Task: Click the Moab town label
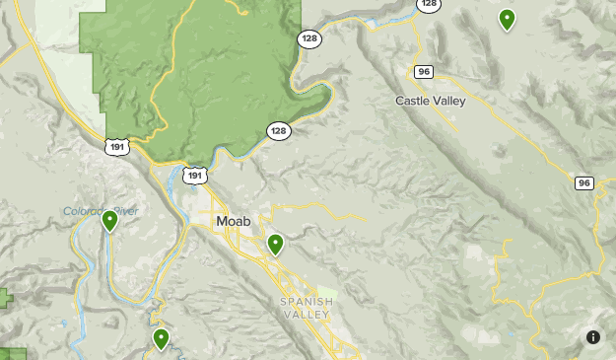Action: [x=233, y=222]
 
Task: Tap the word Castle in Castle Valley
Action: [x=413, y=101]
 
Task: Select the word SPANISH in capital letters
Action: [x=307, y=301]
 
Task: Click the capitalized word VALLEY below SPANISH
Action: [x=308, y=314]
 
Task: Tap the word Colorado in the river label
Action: [x=87, y=211]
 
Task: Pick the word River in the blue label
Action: [x=126, y=211]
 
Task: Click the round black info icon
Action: [x=593, y=337]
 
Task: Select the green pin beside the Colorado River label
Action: [x=109, y=220]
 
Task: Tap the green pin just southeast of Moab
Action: [x=276, y=244]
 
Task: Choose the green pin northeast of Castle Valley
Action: [x=507, y=19]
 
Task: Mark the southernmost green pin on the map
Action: [x=161, y=339]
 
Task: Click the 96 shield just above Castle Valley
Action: [x=424, y=71]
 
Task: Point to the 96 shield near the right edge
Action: [x=584, y=182]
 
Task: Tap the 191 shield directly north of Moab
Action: [x=195, y=176]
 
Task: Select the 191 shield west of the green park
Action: [x=116, y=146]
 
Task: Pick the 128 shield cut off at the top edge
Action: [x=428, y=5]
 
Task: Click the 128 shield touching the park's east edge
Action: [x=308, y=37]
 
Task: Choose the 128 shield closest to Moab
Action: [x=278, y=131]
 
